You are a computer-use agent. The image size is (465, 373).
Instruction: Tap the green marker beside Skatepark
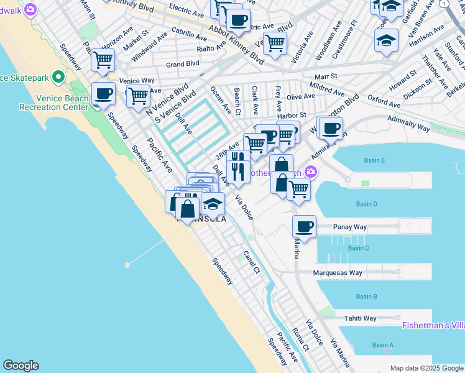pyautogui.click(x=58, y=78)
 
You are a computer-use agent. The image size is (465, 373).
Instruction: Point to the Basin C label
pyautogui.click(x=359, y=248)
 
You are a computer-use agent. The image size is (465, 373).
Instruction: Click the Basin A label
pyautogui.click(x=383, y=345)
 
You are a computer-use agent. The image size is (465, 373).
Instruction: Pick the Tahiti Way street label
pyautogui.click(x=361, y=318)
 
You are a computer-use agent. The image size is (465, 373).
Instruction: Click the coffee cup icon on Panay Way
pyautogui.click(x=304, y=227)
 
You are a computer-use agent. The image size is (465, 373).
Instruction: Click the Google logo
pyautogui.click(x=21, y=366)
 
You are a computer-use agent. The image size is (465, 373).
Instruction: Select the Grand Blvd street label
pyautogui.click(x=182, y=63)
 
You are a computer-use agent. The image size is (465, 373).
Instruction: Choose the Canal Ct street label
pyautogui.click(x=251, y=262)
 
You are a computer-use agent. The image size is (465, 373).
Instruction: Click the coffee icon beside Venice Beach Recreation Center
pyautogui.click(x=103, y=94)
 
